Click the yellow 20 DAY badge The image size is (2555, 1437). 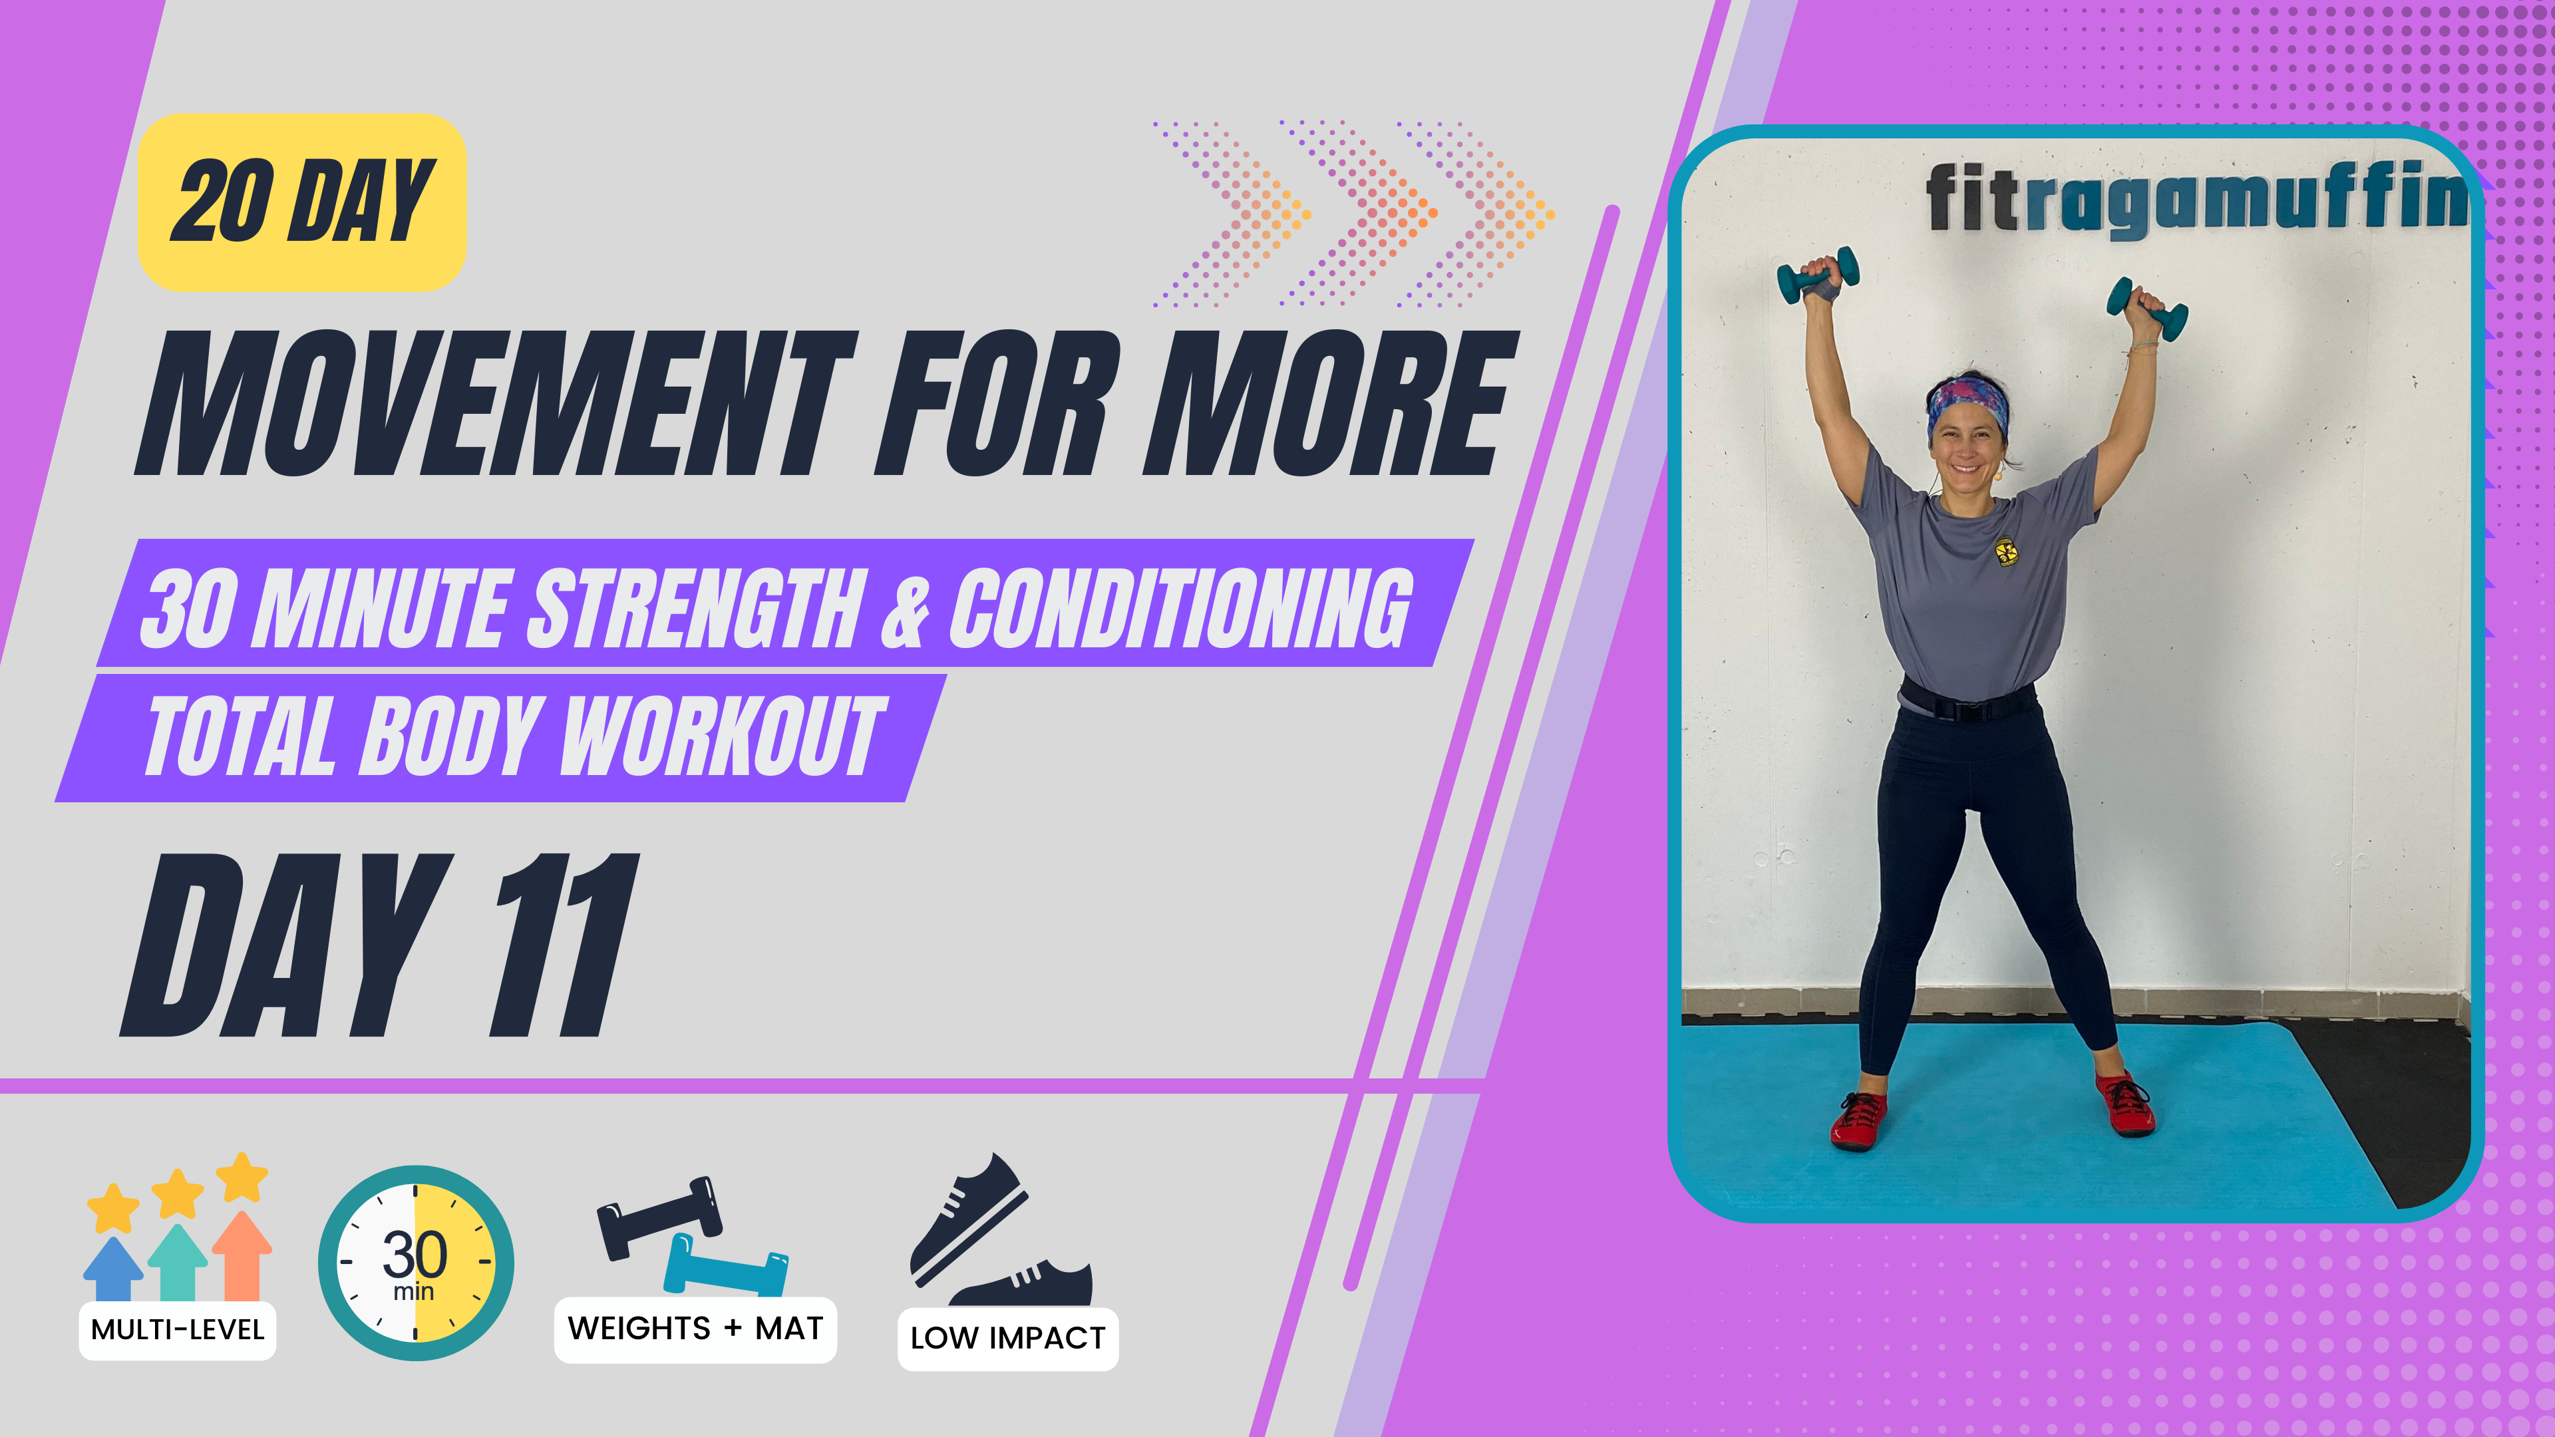click(301, 202)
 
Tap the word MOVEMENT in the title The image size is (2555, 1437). click(496, 404)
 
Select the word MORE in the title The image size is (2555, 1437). click(1329, 404)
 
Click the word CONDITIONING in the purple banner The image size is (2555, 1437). click(1180, 608)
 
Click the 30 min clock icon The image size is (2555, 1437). click(416, 1263)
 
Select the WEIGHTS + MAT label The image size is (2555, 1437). click(695, 1328)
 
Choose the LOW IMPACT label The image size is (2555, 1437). click(1008, 1338)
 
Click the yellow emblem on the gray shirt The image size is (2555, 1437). click(2005, 552)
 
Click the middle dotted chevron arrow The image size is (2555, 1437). click(1359, 213)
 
